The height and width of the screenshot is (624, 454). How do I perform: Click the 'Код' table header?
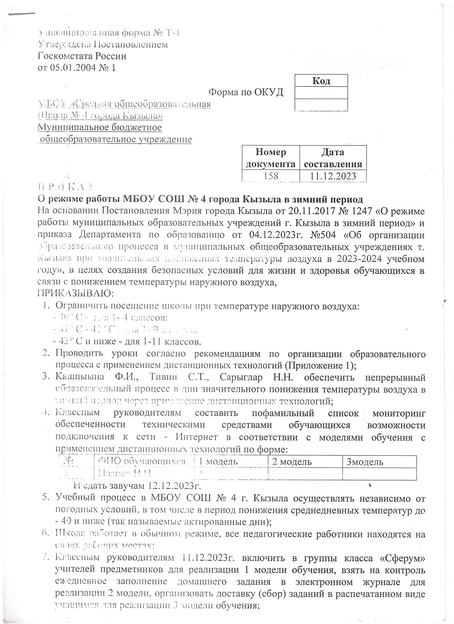click(321, 81)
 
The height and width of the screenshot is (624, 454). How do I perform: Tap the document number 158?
click(271, 176)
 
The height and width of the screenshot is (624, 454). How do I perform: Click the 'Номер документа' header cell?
click(271, 158)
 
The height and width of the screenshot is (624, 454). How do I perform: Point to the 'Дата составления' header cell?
click(333, 158)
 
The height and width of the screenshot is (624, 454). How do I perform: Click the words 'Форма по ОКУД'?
click(246, 92)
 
